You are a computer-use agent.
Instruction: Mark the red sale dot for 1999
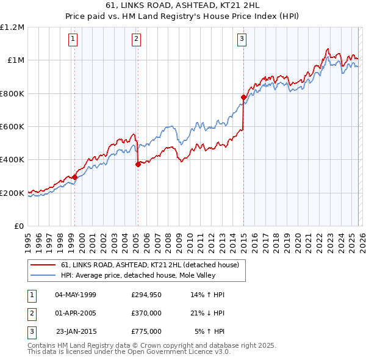pyautogui.click(x=75, y=177)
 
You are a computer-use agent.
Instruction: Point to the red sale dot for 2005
pyautogui.click(x=138, y=164)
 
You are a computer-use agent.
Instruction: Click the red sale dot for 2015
pyautogui.click(x=243, y=97)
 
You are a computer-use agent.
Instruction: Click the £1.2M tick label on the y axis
pyautogui.click(x=12, y=27)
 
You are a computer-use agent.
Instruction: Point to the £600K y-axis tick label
pyautogui.click(x=12, y=127)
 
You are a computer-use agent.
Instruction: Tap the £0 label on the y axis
pyautogui.click(x=18, y=226)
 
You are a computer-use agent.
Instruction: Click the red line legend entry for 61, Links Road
pyautogui.click(x=152, y=265)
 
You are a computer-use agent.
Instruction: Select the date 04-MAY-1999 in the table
pyautogui.click(x=76, y=295)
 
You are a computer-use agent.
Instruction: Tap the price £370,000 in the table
pyautogui.click(x=146, y=313)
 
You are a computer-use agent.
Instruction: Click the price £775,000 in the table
pyautogui.click(x=146, y=331)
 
